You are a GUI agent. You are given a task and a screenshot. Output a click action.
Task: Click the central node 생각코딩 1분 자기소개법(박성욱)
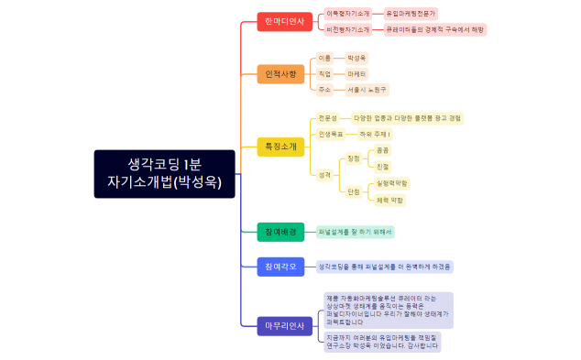click(165, 173)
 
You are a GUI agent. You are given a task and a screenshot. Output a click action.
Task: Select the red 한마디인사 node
click(284, 21)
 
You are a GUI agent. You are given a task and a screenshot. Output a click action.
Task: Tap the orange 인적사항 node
click(280, 73)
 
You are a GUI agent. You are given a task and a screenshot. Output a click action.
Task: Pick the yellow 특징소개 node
click(280, 147)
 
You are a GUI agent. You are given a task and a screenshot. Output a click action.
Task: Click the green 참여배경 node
click(280, 232)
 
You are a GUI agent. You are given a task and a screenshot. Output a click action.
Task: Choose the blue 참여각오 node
click(280, 267)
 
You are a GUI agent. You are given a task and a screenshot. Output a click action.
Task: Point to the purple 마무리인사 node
click(284, 325)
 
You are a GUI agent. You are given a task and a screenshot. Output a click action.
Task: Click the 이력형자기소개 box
click(348, 14)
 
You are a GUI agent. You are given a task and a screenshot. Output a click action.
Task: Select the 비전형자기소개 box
click(348, 29)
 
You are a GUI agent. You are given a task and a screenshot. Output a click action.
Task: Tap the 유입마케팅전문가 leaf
click(411, 14)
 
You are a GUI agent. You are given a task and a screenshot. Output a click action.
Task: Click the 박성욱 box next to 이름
click(356, 58)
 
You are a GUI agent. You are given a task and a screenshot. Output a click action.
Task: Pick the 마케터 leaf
click(356, 73)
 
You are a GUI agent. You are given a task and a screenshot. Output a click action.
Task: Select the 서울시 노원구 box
click(367, 90)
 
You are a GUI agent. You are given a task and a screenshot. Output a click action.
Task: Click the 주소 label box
click(324, 90)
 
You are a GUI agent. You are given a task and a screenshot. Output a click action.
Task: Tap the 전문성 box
click(327, 118)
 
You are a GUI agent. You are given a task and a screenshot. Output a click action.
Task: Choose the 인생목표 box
click(330, 134)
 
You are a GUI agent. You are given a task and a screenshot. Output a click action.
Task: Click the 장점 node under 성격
click(354, 158)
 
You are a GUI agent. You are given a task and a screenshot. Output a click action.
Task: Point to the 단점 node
click(354, 191)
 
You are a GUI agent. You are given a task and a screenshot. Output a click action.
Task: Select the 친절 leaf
click(382, 167)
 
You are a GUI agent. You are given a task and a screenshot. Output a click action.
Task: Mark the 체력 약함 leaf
click(390, 200)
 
